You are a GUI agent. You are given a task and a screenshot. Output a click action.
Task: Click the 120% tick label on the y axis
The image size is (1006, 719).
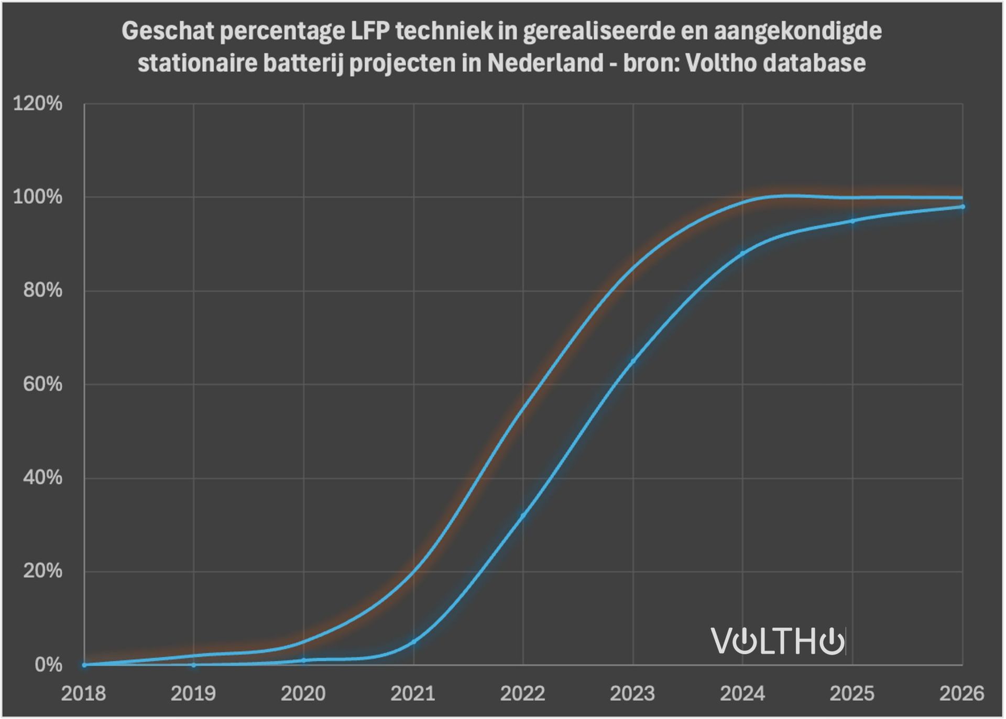click(x=37, y=104)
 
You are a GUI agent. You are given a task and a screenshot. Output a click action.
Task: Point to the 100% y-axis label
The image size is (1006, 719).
click(x=37, y=198)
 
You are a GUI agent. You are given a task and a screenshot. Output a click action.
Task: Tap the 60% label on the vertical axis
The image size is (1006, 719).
click(x=42, y=385)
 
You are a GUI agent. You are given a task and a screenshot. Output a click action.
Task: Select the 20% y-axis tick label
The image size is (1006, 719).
click(x=42, y=571)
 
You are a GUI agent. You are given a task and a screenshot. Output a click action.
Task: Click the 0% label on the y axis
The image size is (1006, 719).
click(x=48, y=665)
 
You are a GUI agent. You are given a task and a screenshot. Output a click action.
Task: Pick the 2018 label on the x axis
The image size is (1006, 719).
click(x=84, y=694)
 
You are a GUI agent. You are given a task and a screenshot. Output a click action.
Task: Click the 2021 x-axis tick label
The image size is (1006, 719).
click(x=413, y=694)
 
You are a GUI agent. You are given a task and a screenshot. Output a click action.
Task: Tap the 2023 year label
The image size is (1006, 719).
click(x=632, y=694)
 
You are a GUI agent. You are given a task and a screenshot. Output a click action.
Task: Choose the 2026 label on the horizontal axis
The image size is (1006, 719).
click(x=961, y=694)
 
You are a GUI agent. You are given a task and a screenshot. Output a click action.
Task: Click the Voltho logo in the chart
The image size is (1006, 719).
click(x=778, y=640)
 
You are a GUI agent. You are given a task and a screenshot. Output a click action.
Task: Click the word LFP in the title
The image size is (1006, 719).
click(x=369, y=31)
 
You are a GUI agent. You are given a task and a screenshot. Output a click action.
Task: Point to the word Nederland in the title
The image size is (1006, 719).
click(x=545, y=63)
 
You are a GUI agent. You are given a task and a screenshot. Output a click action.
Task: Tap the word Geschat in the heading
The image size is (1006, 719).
click(x=168, y=31)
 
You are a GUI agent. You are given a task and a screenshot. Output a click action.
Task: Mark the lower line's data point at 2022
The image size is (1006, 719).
click(x=523, y=516)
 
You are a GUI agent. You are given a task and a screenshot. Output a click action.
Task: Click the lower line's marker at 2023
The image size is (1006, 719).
click(x=633, y=361)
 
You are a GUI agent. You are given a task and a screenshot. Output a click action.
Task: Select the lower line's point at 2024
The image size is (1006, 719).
click(x=742, y=254)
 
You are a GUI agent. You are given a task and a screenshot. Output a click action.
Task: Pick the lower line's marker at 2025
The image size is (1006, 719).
click(x=852, y=221)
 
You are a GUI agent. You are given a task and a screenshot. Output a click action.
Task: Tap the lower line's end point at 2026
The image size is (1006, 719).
click(x=963, y=207)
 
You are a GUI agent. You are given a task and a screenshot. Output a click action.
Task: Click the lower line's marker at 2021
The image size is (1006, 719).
click(x=413, y=641)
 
